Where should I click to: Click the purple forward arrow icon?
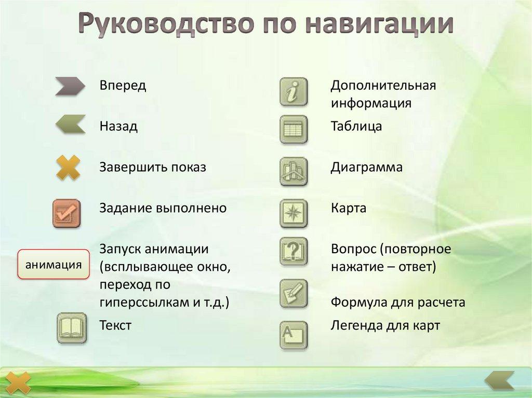[70, 87]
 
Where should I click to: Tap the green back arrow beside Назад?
[70, 125]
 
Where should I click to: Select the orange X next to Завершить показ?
[68, 168]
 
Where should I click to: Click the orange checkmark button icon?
[66, 213]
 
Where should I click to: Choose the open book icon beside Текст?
[71, 327]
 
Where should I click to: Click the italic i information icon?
[294, 92]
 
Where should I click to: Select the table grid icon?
[294, 129]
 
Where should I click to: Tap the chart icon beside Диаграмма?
[294, 171]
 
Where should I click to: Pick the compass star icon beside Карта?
[294, 213]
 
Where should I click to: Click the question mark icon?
[294, 251]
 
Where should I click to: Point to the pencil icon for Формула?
[294, 293]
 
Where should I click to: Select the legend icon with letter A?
[294, 335]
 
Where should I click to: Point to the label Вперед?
[123, 86]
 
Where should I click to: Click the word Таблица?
[356, 126]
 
